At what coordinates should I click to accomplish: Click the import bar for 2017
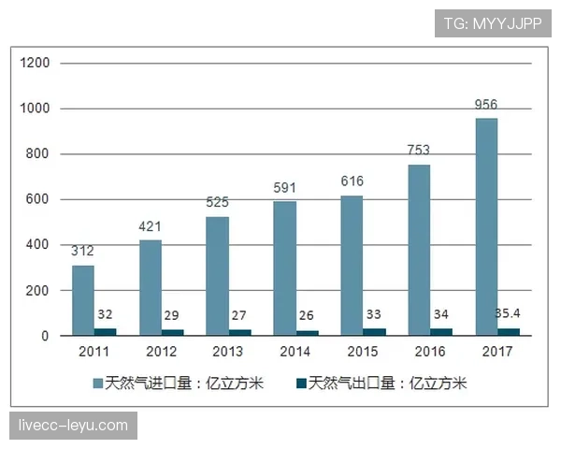click(x=486, y=226)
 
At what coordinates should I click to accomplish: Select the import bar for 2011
click(x=83, y=300)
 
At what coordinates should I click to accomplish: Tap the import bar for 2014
click(x=284, y=268)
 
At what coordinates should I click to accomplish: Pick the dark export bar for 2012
click(x=173, y=332)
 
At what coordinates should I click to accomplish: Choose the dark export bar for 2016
click(x=441, y=331)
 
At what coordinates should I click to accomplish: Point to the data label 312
click(x=83, y=251)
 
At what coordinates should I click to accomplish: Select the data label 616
click(x=352, y=181)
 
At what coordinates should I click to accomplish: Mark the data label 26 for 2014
click(x=308, y=315)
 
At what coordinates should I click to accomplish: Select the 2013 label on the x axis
click(x=228, y=353)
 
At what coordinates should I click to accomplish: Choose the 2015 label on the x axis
click(x=363, y=353)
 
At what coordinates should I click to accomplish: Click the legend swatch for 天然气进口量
click(x=97, y=384)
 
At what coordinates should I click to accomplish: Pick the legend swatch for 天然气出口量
click(x=301, y=384)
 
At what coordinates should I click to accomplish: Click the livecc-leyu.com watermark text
click(x=73, y=426)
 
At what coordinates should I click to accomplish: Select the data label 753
click(x=418, y=150)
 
